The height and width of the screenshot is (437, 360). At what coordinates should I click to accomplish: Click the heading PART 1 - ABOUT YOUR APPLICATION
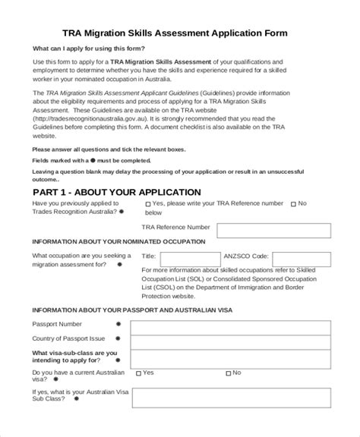tap(116, 192)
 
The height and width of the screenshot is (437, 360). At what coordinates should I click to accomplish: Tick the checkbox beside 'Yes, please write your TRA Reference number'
tap(147, 204)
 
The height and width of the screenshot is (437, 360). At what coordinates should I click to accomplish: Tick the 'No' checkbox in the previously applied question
tap(293, 204)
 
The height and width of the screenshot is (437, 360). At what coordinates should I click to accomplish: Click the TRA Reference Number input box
tap(273, 230)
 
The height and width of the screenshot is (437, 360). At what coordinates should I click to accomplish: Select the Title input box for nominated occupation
tap(187, 256)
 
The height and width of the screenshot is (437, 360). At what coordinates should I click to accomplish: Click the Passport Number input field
tap(230, 327)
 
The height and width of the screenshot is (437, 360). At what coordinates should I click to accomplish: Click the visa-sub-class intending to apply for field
tap(230, 357)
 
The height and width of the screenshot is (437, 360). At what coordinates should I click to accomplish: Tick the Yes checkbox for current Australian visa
tap(137, 373)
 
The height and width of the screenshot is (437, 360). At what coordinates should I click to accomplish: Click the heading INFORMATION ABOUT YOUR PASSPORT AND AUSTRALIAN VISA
tap(132, 312)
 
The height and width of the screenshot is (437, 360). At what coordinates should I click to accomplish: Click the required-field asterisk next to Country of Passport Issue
tap(118, 338)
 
